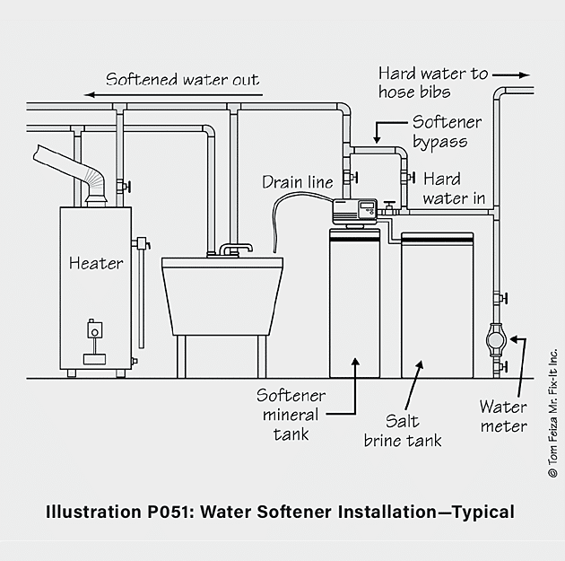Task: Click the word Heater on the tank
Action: (96, 263)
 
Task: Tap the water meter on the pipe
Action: (496, 340)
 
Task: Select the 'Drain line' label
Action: (298, 182)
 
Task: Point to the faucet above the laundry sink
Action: (236, 249)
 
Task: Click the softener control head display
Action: (367, 206)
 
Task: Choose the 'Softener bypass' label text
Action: (447, 132)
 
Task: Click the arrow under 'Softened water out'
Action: (173, 95)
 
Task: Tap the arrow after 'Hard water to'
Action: (511, 75)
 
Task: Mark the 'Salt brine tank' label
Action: (403, 431)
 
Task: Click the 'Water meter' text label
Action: (503, 416)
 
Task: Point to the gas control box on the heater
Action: (95, 329)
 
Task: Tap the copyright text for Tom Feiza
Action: (552, 413)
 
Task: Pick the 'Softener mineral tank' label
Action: (291, 415)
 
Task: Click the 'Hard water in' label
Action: (454, 188)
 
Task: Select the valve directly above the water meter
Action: (500, 298)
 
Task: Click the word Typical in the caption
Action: (483, 513)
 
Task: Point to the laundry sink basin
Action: (222, 296)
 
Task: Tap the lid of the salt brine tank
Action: (437, 239)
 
